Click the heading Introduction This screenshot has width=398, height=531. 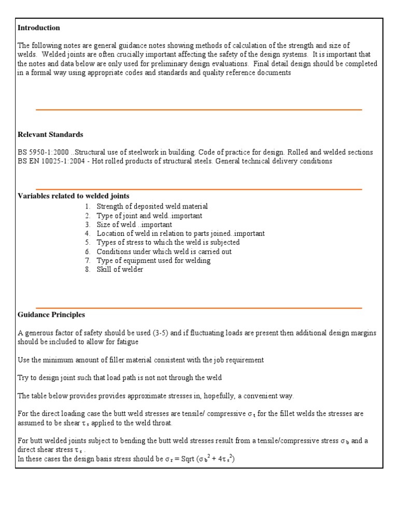click(x=39, y=28)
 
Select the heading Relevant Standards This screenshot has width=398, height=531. click(x=50, y=134)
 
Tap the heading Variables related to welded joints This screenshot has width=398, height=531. click(x=74, y=196)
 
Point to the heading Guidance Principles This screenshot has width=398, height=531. click(x=51, y=315)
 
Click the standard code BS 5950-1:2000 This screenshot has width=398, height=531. click(x=41, y=152)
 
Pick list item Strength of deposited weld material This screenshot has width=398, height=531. click(x=152, y=206)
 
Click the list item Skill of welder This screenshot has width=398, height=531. click(x=120, y=270)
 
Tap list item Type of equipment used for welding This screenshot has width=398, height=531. click(x=153, y=260)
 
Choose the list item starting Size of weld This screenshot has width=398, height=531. click(x=134, y=225)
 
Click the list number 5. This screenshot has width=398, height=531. click(x=88, y=242)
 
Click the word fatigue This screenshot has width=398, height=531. click(x=127, y=342)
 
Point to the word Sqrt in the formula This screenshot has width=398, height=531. click(x=169, y=459)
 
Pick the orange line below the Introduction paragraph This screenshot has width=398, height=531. click(x=198, y=110)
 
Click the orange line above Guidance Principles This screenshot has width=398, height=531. click(x=198, y=308)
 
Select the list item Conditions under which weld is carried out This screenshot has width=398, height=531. click(x=164, y=251)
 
